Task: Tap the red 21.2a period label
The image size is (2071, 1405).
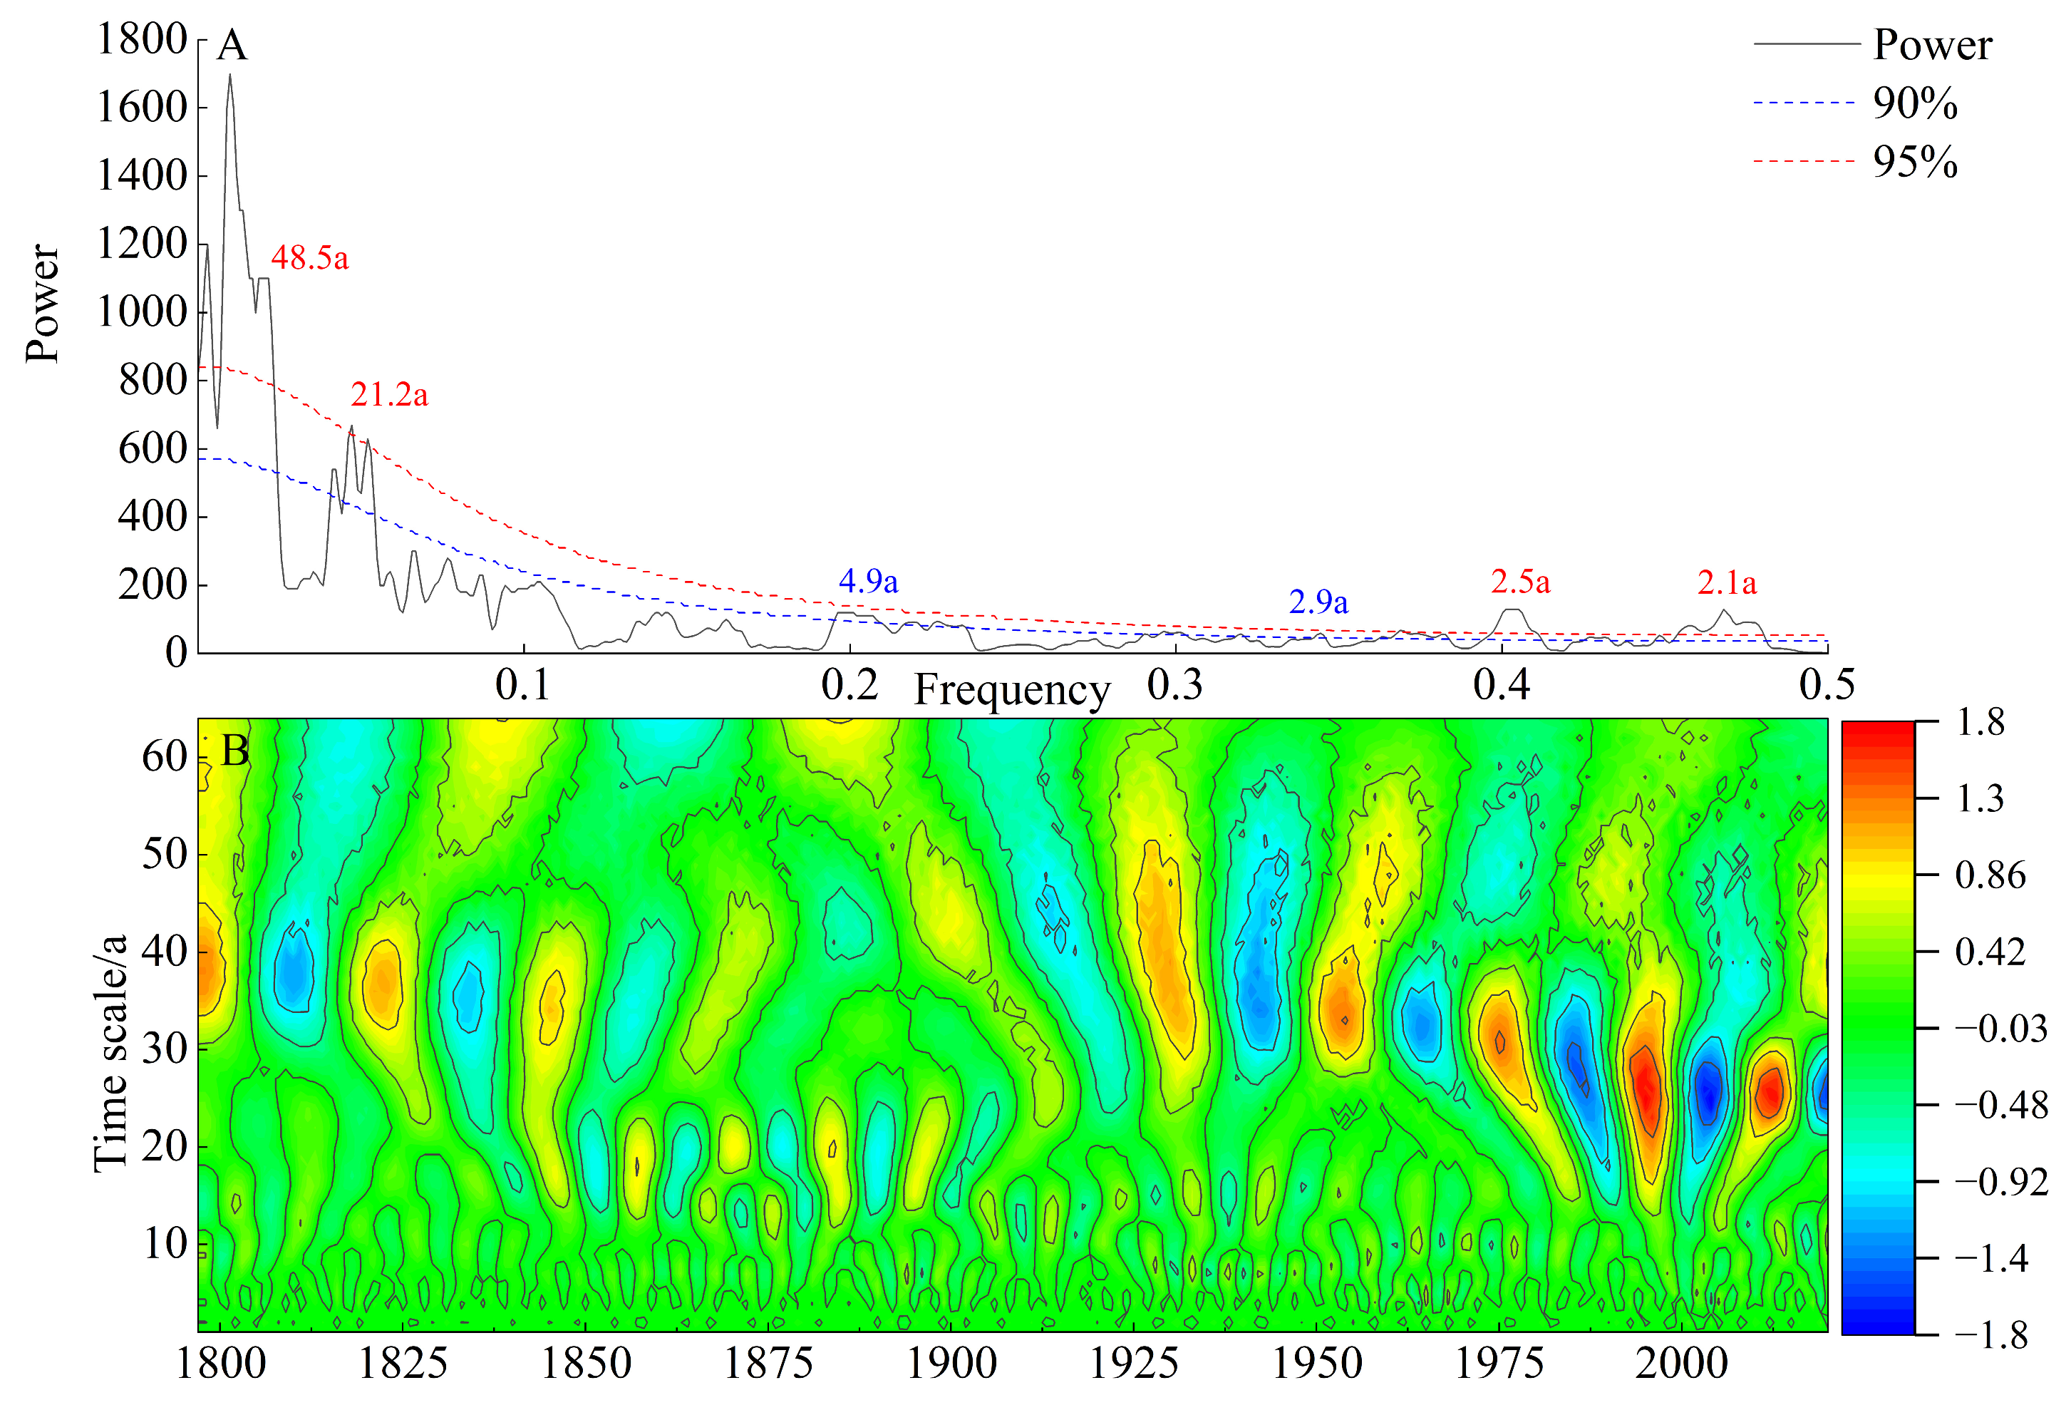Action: point(388,394)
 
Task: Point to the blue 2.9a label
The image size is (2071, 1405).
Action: point(1318,602)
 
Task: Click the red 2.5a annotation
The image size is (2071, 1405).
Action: point(1520,582)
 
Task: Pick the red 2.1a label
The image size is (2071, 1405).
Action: point(1726,583)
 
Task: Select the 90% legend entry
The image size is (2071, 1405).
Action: point(1914,103)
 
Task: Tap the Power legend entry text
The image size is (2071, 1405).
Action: point(1932,45)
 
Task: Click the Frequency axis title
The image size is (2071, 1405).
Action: point(1012,690)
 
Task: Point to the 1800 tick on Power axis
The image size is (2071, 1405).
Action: point(142,39)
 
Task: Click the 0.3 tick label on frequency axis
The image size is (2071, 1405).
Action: point(1174,684)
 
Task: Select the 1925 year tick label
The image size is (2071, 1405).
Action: point(1134,1363)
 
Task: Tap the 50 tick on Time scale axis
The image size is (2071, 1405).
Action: point(164,854)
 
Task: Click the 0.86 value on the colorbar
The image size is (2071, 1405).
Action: point(1990,875)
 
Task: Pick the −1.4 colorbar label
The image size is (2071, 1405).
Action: point(1990,1258)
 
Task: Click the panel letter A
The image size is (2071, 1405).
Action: point(232,45)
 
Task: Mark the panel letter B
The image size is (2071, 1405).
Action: point(235,751)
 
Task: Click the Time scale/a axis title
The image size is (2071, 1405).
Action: point(110,1052)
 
